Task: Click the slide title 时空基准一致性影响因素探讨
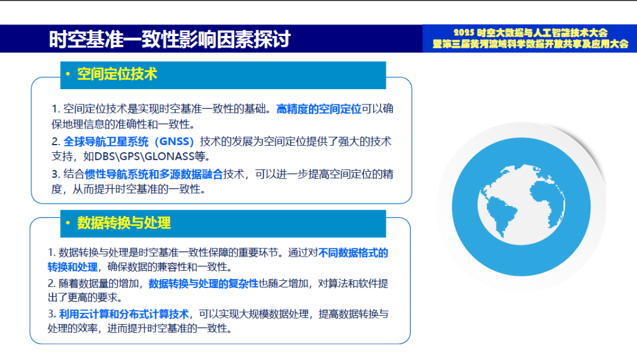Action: pyautogui.click(x=170, y=39)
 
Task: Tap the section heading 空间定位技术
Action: pyautogui.click(x=117, y=74)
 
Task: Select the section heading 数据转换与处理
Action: pyautogui.click(x=124, y=223)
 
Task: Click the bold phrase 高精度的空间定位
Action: pyautogui.click(x=318, y=109)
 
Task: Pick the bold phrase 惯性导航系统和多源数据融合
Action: pyautogui.click(x=154, y=174)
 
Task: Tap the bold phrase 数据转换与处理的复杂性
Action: pyautogui.click(x=203, y=283)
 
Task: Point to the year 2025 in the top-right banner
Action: pyautogui.click(x=464, y=33)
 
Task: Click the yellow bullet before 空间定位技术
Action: pyautogui.click(x=68, y=74)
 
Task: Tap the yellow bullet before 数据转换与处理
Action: pyautogui.click(x=68, y=223)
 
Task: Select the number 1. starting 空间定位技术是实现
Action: pyautogui.click(x=56, y=109)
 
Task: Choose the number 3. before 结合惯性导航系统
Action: pyautogui.click(x=56, y=174)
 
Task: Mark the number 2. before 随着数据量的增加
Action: pyautogui.click(x=51, y=283)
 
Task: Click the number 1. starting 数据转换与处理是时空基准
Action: pyautogui.click(x=51, y=253)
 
